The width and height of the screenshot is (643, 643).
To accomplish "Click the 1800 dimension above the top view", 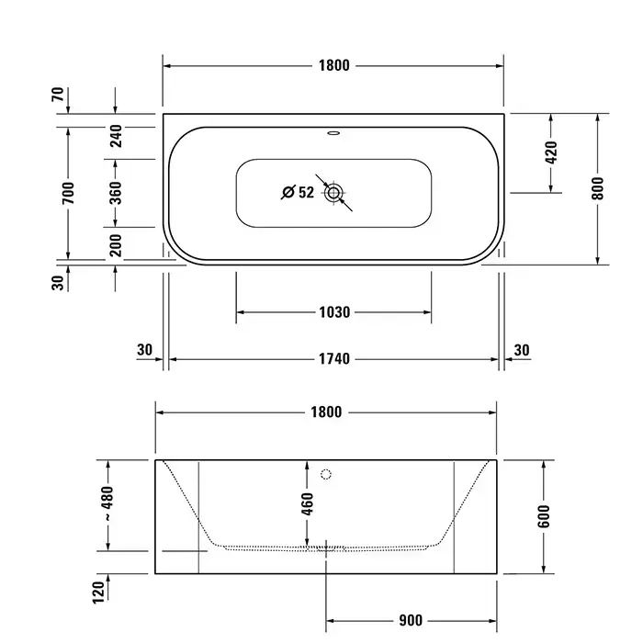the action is (334, 65).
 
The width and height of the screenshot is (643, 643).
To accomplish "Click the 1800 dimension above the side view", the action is (326, 412).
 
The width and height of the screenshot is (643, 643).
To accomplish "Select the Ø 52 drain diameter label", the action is (299, 192).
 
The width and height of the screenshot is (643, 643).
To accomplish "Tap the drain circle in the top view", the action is (333, 192).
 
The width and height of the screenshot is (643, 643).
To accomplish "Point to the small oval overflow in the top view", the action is (333, 133).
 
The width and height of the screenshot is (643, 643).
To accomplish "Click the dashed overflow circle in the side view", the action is (325, 475).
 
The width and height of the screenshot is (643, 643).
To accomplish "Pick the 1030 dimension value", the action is (334, 312).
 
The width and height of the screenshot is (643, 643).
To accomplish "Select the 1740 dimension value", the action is (334, 359).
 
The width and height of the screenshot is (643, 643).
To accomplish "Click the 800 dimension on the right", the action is (598, 188).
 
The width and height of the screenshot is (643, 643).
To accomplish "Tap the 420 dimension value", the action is (551, 152).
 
